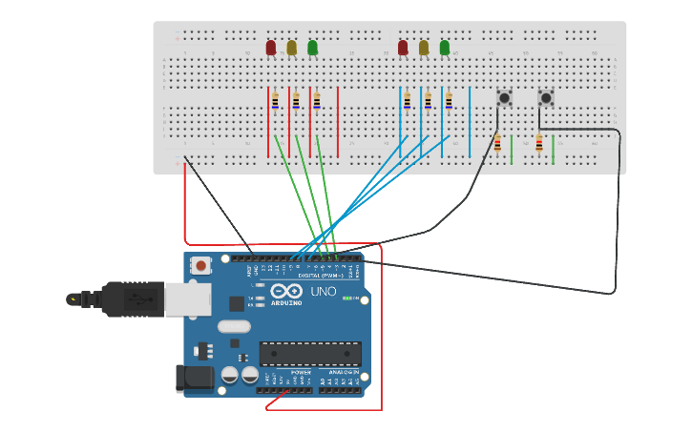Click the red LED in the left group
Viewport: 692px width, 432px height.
pos(271,48)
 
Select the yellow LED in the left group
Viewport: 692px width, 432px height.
pos(292,48)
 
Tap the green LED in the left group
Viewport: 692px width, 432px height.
pos(313,48)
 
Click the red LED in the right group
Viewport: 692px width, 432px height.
pos(403,48)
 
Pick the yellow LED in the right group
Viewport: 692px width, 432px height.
pos(424,48)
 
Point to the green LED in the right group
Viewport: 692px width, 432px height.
pos(445,48)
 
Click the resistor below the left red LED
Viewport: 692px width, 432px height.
pos(275,100)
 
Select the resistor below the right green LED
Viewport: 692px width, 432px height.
pos(449,100)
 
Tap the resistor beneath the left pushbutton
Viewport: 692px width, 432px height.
pos(497,143)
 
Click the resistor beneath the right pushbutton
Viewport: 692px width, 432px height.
pos(539,143)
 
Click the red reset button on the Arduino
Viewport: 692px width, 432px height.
pos(201,266)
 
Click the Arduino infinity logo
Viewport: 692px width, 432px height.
pos(285,291)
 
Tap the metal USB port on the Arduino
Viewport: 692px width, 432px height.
pos(187,299)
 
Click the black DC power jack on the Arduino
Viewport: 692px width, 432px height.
pos(195,378)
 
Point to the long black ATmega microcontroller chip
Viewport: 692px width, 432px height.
pos(310,354)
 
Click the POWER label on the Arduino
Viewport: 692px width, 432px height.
pos(288,372)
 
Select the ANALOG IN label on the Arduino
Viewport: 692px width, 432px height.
pos(342,372)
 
